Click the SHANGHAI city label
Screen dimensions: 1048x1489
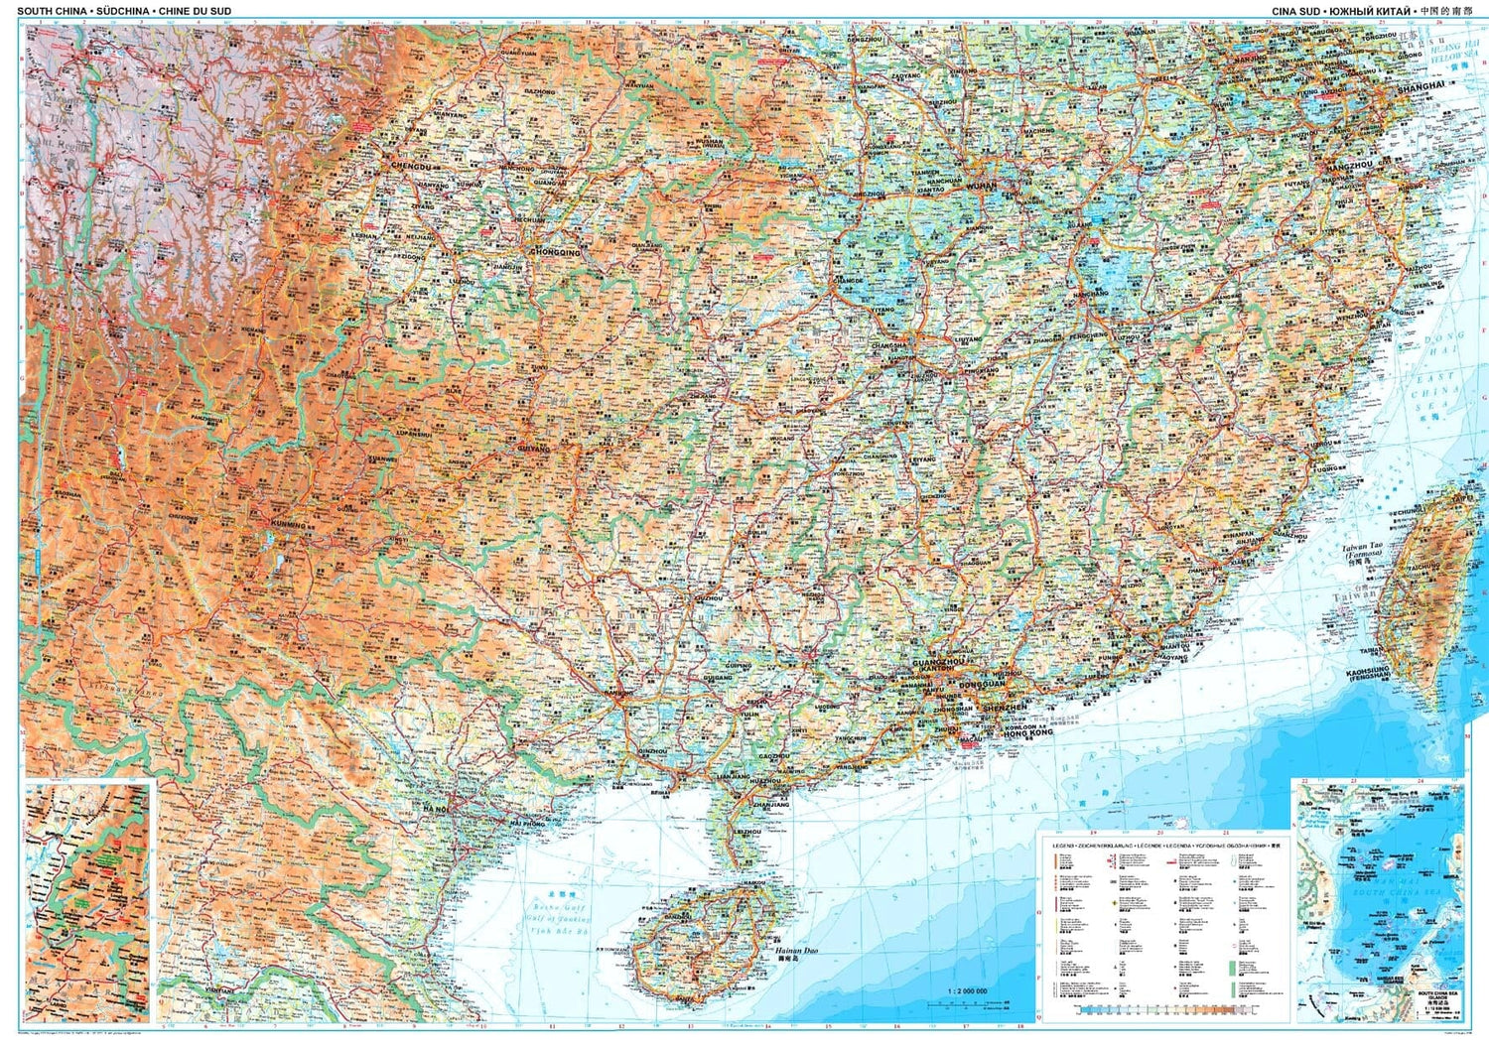coord(1421,87)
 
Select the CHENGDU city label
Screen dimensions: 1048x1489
coord(414,166)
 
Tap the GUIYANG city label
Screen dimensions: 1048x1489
coord(532,449)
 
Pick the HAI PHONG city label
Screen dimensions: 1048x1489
coord(526,824)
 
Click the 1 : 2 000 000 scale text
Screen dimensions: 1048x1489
coord(967,991)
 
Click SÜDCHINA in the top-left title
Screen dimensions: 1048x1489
coord(122,11)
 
